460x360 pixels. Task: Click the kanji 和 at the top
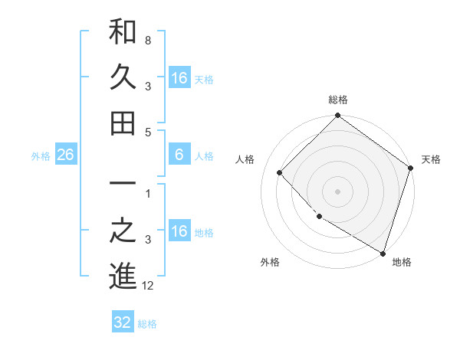[x=123, y=32]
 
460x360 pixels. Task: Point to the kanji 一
[x=123, y=185]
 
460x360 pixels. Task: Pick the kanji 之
[x=123, y=231]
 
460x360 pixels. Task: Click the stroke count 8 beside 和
[x=147, y=39]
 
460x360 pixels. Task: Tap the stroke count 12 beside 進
[x=149, y=286]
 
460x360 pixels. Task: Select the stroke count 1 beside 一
[x=147, y=194]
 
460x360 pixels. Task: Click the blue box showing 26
[x=65, y=155]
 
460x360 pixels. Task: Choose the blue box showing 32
[x=123, y=322]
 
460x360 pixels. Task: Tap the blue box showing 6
[x=179, y=155]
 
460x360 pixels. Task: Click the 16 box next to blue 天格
[x=179, y=78]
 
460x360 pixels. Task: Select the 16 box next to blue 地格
[x=179, y=231]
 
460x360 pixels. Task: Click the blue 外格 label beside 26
[x=41, y=156]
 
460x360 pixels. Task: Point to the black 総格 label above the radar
[x=337, y=100]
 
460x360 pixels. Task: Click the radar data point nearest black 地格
[x=383, y=252]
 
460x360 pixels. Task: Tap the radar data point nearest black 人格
[x=280, y=173]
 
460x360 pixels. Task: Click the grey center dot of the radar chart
[x=337, y=191]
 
